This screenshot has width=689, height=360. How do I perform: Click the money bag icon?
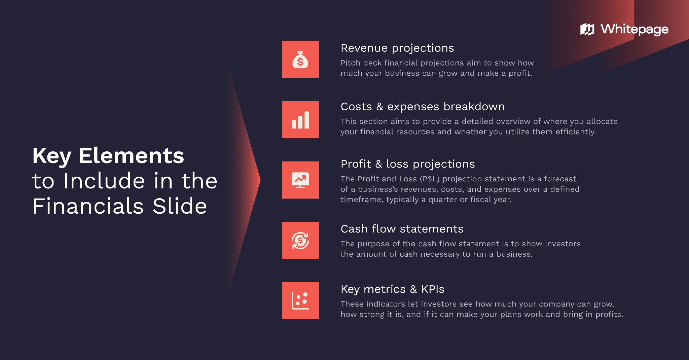pyautogui.click(x=300, y=60)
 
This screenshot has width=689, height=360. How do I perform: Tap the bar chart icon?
pyautogui.click(x=300, y=120)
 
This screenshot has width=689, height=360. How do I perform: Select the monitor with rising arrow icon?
pyautogui.click(x=300, y=180)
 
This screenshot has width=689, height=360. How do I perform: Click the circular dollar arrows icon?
pyautogui.click(x=300, y=240)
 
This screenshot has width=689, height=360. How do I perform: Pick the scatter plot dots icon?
pyautogui.click(x=300, y=300)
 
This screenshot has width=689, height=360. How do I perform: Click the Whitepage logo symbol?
pyautogui.click(x=587, y=29)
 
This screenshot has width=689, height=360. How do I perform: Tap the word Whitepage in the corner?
pyautogui.click(x=634, y=29)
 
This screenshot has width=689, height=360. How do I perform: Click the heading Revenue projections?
pyautogui.click(x=397, y=48)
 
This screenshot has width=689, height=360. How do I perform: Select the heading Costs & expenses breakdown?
pyautogui.click(x=422, y=107)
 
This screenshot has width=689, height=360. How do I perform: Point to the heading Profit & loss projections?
pyautogui.click(x=407, y=164)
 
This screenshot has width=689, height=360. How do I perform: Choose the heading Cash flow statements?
pyautogui.click(x=402, y=229)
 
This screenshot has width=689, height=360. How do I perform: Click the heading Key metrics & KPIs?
pyautogui.click(x=392, y=289)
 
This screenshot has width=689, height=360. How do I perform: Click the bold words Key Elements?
pyautogui.click(x=108, y=156)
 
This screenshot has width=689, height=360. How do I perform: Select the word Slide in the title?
pyautogui.click(x=180, y=206)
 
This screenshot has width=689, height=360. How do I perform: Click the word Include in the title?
pyautogui.click(x=104, y=181)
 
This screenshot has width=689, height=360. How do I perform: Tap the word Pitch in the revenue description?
pyautogui.click(x=350, y=63)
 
